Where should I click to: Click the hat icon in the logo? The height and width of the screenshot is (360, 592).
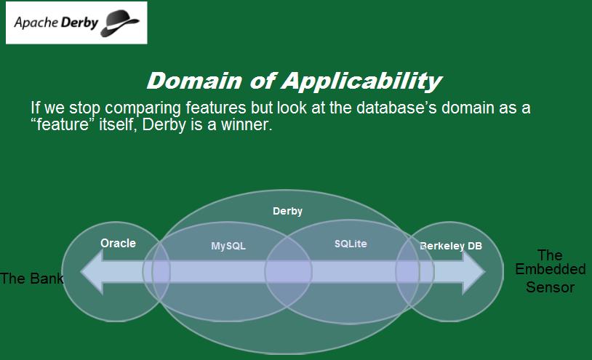[x=120, y=23]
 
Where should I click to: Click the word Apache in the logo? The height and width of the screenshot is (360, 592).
[x=36, y=23]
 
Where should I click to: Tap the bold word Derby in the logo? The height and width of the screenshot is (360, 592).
[x=79, y=23]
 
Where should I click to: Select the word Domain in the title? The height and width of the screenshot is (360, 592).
[x=194, y=81]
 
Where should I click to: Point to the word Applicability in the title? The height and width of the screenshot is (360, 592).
[x=361, y=81]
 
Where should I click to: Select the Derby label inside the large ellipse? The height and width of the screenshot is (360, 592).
[x=288, y=211]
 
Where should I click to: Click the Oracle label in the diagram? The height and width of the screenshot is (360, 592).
[x=118, y=243]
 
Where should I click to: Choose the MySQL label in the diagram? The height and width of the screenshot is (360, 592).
[x=228, y=246]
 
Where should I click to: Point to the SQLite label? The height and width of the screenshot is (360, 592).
[x=351, y=244]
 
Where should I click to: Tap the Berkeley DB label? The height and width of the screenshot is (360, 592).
[x=451, y=246]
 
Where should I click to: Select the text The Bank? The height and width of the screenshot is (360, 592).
[x=32, y=279]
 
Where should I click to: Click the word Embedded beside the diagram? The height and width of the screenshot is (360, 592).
[x=551, y=269]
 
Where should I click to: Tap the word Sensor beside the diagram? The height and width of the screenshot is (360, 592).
[x=551, y=287]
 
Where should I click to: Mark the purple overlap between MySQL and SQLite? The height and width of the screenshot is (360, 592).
[x=289, y=272]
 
